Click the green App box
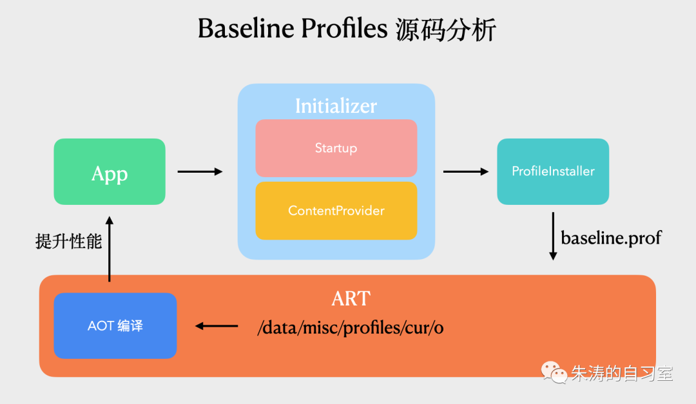tap(110, 172)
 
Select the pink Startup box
tap(336, 148)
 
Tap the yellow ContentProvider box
tap(336, 211)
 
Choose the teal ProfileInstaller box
tap(553, 171)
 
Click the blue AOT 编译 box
tap(115, 326)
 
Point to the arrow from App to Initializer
tap(200, 171)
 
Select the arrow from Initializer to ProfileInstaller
tap(466, 171)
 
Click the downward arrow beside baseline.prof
tap(552, 236)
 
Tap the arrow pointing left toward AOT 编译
tap(217, 326)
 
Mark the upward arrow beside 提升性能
tap(110, 249)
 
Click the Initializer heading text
tap(336, 106)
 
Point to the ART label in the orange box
tap(351, 298)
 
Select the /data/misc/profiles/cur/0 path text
tap(351, 327)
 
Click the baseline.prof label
tap(611, 238)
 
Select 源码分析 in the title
tap(445, 30)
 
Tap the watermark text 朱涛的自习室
tap(621, 373)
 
